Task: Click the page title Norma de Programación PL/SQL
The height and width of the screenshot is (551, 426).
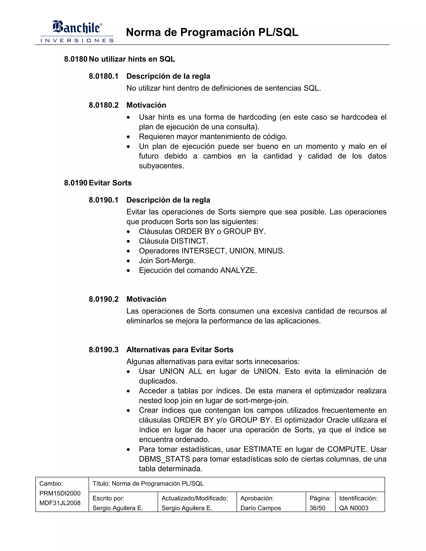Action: click(212, 32)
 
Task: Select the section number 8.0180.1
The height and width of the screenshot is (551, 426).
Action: click(103, 76)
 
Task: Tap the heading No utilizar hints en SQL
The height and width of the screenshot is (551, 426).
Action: click(132, 59)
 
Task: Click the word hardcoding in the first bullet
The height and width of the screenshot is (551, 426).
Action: click(257, 117)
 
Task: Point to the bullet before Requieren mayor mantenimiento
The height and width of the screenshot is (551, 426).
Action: click(129, 137)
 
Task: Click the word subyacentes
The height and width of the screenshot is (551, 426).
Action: click(161, 166)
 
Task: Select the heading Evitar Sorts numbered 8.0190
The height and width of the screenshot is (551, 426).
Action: click(110, 183)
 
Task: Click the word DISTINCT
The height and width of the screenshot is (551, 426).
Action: click(189, 241)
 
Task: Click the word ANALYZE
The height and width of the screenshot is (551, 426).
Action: click(238, 271)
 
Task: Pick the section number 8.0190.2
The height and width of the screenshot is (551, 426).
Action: click(103, 299)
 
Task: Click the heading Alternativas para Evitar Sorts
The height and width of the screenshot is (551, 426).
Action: click(180, 350)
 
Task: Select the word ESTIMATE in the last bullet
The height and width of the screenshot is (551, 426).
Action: click(262, 449)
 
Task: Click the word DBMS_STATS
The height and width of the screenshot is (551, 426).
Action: click(164, 459)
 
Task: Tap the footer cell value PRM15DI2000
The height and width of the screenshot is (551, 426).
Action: click(60, 493)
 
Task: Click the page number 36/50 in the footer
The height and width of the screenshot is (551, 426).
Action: click(317, 508)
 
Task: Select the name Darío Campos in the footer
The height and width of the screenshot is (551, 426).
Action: click(260, 508)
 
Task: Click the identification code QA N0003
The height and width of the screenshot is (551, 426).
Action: click(354, 508)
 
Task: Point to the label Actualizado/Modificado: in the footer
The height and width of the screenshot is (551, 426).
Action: click(194, 498)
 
